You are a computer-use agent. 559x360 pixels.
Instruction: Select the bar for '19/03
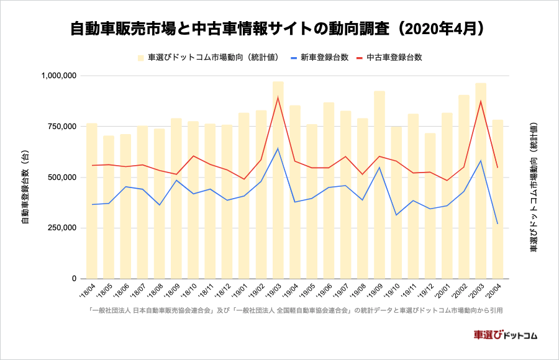pyautogui.click(x=278, y=180)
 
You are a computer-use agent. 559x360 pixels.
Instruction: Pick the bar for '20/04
pyautogui.click(x=498, y=199)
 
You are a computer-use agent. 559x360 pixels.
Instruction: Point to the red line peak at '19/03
pyautogui.click(x=278, y=97)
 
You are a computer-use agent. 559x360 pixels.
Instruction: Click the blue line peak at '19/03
pyautogui.click(x=278, y=148)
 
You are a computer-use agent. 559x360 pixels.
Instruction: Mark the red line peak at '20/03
pyautogui.click(x=481, y=101)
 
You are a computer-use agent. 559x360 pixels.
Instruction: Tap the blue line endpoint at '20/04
pyautogui.click(x=498, y=223)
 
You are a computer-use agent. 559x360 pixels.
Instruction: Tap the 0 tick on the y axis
pyautogui.click(x=73, y=279)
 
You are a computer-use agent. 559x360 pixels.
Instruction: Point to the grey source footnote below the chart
pyautogui.click(x=295, y=310)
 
